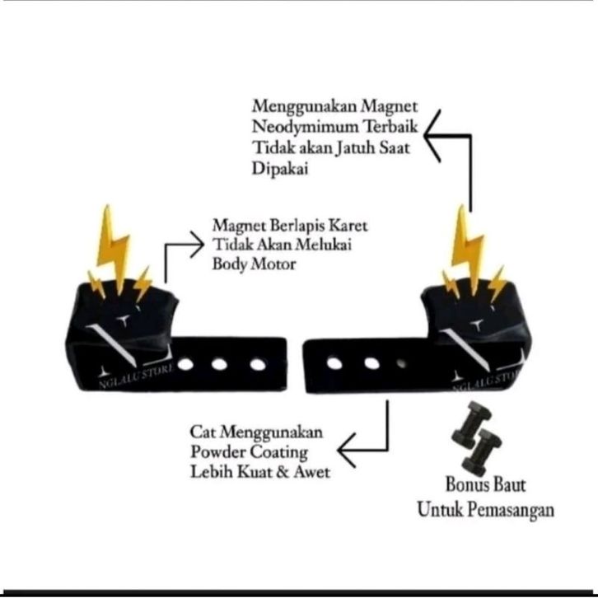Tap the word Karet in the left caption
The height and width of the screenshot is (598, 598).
coord(345,225)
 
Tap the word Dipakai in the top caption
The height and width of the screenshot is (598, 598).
coord(278,169)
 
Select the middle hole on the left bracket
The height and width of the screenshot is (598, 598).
coord(219,363)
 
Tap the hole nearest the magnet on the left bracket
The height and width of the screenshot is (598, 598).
coord(185,363)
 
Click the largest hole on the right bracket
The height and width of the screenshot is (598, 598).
coord(334,362)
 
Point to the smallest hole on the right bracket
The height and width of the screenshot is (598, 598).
coord(401,362)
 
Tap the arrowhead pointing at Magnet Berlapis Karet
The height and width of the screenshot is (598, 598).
coord(195,244)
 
